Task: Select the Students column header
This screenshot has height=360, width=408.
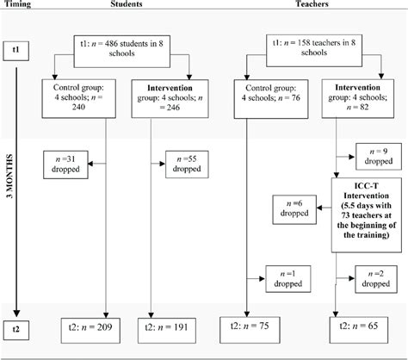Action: [x=127, y=5]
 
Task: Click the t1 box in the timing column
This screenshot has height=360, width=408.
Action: [x=16, y=51]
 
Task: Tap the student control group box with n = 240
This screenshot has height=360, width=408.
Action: [x=74, y=98]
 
